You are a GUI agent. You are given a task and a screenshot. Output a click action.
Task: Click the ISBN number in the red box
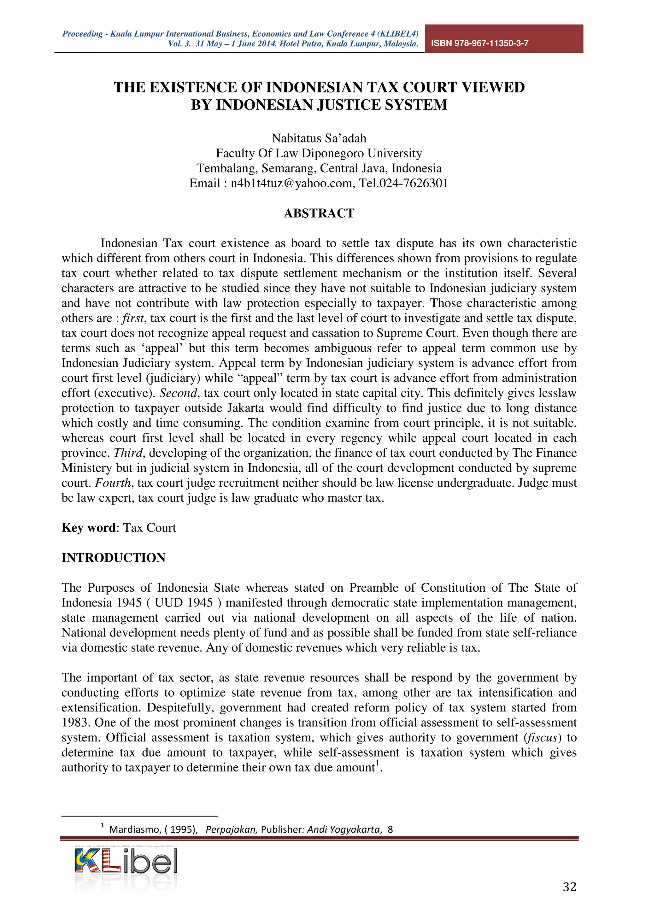tap(480, 44)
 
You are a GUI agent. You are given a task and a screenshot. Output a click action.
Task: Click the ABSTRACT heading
tap(319, 214)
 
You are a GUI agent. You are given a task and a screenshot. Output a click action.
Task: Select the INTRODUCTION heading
tap(114, 558)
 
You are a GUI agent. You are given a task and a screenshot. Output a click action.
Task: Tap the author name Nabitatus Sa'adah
tap(319, 138)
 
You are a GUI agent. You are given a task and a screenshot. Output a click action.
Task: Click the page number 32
tap(569, 887)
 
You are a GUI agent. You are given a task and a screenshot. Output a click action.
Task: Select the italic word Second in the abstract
tap(178, 393)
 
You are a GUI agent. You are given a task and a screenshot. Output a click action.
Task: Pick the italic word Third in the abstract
tap(128, 453)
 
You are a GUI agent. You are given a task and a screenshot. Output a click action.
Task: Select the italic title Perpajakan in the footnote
tap(231, 829)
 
